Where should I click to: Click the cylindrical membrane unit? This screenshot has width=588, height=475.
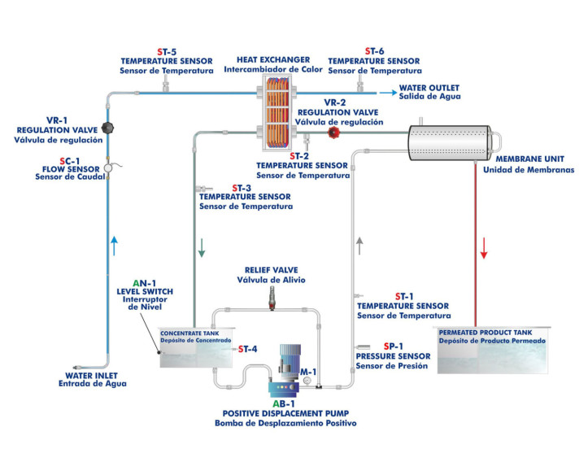point(448,142)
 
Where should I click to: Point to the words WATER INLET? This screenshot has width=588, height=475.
point(94,376)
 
